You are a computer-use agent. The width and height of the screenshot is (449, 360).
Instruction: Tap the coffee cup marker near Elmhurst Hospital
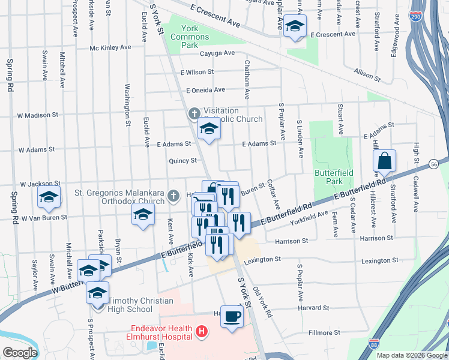point(232,317)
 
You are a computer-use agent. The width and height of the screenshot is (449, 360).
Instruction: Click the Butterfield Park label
point(328,176)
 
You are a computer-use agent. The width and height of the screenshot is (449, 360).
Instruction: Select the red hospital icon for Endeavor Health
point(202,331)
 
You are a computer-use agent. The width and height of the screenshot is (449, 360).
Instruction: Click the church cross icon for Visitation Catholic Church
point(194,113)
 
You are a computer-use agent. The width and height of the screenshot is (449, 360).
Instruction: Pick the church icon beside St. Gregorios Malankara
point(173,195)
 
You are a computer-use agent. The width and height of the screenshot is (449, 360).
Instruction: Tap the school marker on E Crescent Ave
point(295,26)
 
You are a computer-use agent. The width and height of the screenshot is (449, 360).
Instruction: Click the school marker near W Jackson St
point(49,197)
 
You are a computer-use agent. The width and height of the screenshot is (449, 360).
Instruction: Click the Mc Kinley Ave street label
point(110,47)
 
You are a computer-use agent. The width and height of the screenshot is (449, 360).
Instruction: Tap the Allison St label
point(368,74)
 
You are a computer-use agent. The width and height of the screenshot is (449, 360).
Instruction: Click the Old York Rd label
point(263,302)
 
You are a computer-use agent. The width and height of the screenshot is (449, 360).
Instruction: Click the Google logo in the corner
point(19,353)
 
